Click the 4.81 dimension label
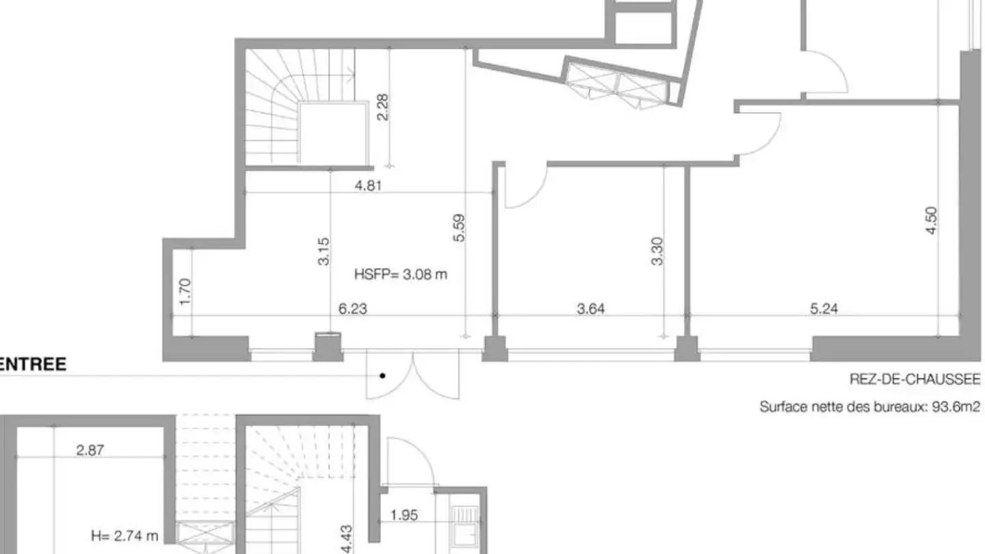pyautogui.click(x=368, y=185)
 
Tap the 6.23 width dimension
pyautogui.click(x=352, y=308)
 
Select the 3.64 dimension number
pyautogui.click(x=590, y=308)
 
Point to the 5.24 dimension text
pyautogui.click(x=824, y=308)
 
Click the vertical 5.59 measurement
pyautogui.click(x=458, y=228)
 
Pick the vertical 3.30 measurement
pyautogui.click(x=657, y=251)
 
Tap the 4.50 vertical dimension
pyautogui.click(x=931, y=221)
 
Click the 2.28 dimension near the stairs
pyautogui.click(x=382, y=107)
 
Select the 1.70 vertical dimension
pyautogui.click(x=185, y=292)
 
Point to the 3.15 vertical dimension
pyautogui.click(x=323, y=252)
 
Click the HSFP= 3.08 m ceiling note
pyautogui.click(x=401, y=274)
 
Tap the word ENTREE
pyautogui.click(x=33, y=364)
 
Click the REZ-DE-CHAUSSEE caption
pyautogui.click(x=915, y=379)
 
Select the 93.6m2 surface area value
pyautogui.click(x=956, y=407)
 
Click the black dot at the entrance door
pyautogui.click(x=382, y=375)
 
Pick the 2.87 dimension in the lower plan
pyautogui.click(x=90, y=450)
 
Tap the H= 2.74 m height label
pyautogui.click(x=124, y=536)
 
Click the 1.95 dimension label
pyautogui.click(x=404, y=515)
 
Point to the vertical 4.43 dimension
pyautogui.click(x=347, y=539)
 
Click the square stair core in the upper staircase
pyautogui.click(x=333, y=133)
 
